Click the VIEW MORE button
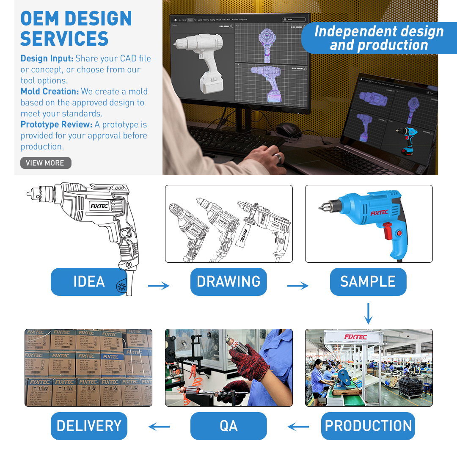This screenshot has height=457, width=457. tap(46, 163)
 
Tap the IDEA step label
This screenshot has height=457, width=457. tap(89, 282)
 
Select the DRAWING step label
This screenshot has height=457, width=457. tap(228, 282)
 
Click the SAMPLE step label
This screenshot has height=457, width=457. tap(368, 282)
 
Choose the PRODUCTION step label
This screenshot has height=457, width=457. tap(368, 426)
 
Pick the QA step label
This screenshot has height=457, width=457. tap(228, 426)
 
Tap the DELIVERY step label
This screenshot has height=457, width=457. tap(89, 426)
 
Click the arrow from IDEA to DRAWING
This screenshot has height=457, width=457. tap(159, 286)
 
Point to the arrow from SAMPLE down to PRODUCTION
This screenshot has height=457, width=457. tap(368, 313)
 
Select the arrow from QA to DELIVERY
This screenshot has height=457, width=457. tap(159, 427)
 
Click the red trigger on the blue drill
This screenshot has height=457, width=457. tap(387, 233)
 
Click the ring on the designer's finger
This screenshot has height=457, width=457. tap(278, 157)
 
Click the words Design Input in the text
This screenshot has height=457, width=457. tap(47, 58)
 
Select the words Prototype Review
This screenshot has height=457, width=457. tap(56, 124)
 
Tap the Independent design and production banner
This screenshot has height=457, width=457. tap(379, 38)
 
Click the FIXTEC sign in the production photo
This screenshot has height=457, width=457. tap(355, 337)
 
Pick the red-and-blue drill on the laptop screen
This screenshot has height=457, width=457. tap(406, 140)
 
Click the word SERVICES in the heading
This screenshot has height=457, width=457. tap(64, 39)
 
